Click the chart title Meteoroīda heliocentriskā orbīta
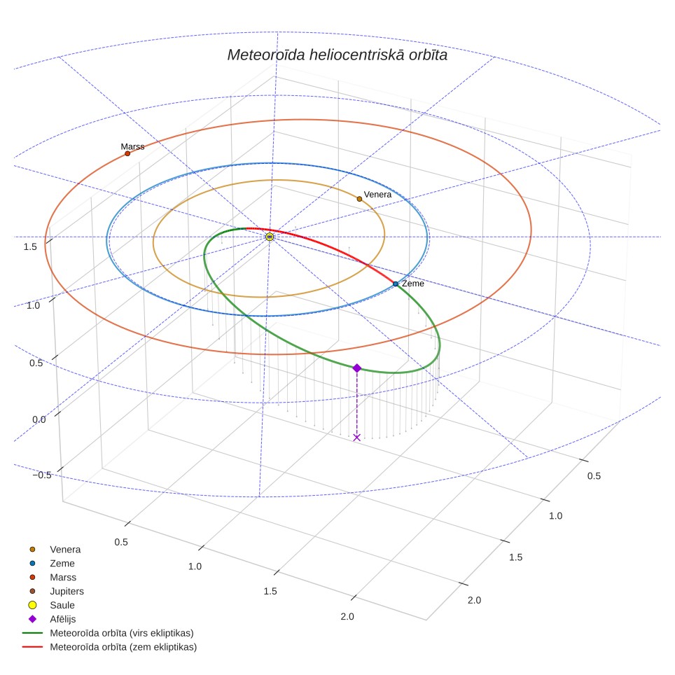point(337,55)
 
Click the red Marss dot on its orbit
point(127,153)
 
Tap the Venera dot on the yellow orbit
point(359,199)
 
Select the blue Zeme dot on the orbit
point(396,284)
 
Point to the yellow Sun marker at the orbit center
point(270,237)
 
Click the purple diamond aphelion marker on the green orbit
point(357,368)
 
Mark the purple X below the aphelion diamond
point(357,438)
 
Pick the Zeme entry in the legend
point(52,563)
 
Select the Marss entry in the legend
point(53,577)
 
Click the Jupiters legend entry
point(57,591)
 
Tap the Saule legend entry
point(52,605)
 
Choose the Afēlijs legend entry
point(53,619)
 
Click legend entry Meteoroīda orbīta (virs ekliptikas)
point(109,633)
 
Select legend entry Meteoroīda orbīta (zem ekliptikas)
point(110,647)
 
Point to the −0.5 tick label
point(42,475)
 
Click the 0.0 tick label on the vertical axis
point(39,419)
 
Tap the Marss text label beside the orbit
point(132,147)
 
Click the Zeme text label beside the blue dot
point(413,284)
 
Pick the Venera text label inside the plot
point(377,195)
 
